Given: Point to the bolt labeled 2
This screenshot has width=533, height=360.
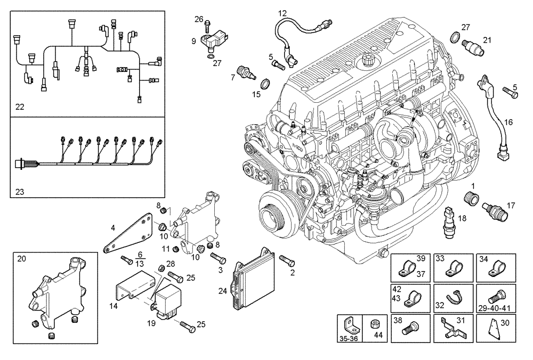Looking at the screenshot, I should (286, 261).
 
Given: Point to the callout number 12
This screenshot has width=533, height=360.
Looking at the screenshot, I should (282, 12).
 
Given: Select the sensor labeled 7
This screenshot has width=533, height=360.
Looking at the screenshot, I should (246, 72).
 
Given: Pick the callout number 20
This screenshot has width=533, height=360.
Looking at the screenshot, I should (21, 259).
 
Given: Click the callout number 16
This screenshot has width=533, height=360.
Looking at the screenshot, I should (508, 122).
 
